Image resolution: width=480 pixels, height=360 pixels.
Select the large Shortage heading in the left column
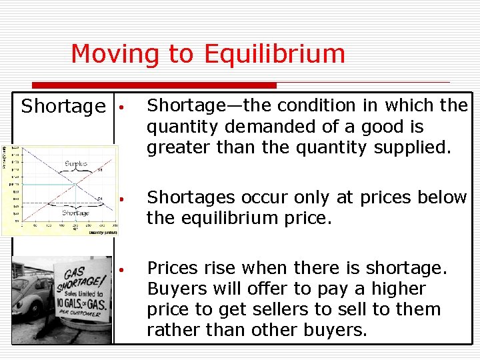(63, 107)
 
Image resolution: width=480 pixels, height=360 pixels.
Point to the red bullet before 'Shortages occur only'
(123, 199)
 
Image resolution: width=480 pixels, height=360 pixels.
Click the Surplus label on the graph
(77, 163)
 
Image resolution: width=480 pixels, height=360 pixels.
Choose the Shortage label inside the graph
(75, 213)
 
